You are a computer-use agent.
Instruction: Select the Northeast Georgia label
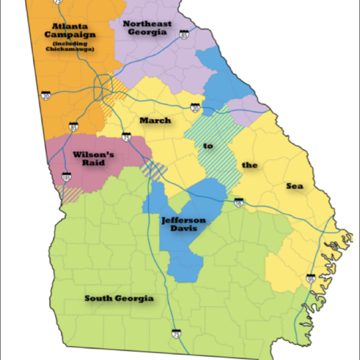147,27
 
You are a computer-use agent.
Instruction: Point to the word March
155,121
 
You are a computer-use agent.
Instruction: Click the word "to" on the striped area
208,146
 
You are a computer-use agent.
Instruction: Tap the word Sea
295,186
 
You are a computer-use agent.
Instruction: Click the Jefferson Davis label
183,224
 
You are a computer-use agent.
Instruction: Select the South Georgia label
119,298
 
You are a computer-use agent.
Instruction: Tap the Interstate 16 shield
237,202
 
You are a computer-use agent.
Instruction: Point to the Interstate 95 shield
310,279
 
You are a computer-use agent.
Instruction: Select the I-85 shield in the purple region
184,35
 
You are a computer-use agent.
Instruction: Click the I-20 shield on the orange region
46,95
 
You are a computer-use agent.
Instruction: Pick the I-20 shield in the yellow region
195,108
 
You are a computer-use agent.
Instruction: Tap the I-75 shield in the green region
176,333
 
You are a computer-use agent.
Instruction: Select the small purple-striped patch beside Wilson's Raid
154,170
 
